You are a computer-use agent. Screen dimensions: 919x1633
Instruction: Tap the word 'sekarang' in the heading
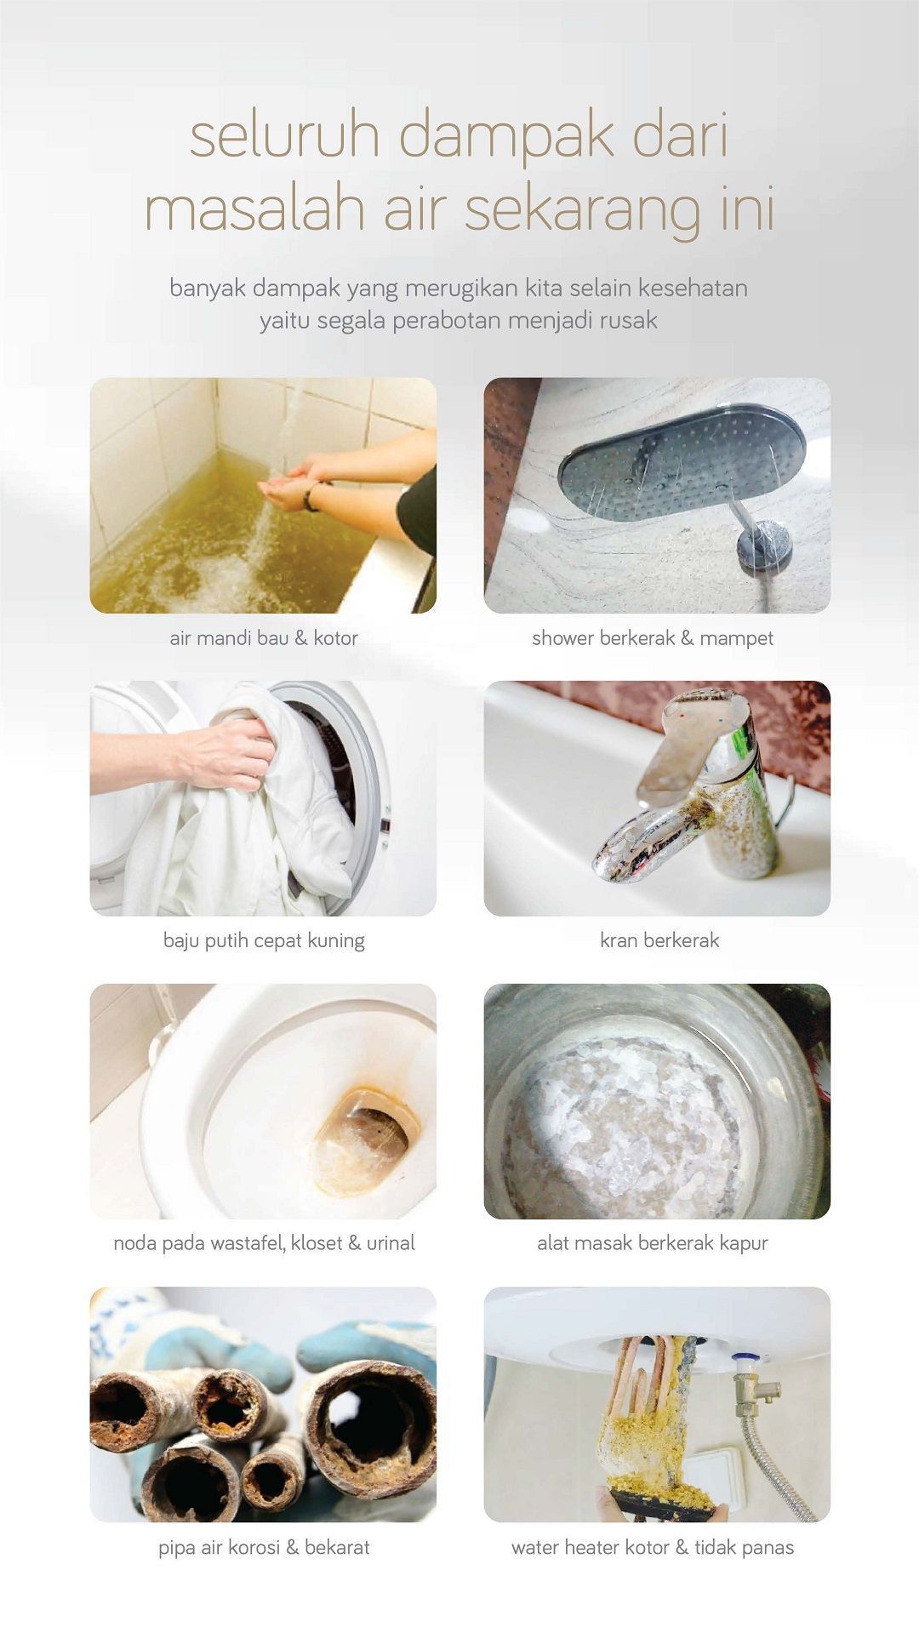coord(582,208)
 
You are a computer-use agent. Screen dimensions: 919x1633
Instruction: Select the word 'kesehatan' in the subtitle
coord(693,288)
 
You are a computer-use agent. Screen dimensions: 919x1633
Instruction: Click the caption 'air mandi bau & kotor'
coord(264,637)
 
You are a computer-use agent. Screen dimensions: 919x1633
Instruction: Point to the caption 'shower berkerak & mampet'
coord(653,637)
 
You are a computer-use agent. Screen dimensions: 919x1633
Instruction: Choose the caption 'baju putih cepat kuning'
coord(264,940)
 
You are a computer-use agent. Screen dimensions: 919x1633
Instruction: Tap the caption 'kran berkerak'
coord(659,940)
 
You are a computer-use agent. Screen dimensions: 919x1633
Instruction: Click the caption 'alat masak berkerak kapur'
coord(653,1243)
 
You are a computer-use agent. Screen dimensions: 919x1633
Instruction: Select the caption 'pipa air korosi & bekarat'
coord(264,1547)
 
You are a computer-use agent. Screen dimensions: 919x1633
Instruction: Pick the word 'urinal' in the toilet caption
coord(391,1243)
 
